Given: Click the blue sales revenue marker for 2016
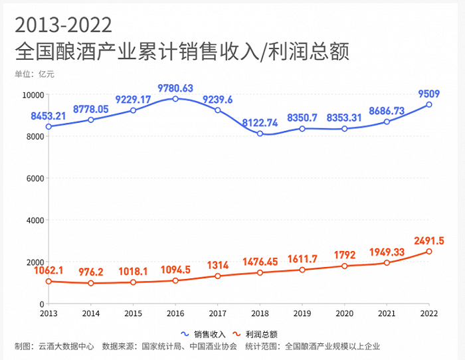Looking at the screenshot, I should pos(175,99).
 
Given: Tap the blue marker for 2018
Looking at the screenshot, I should pos(260,134).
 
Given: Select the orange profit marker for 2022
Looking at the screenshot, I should pos(429,251).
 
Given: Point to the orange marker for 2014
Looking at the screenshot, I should pos(91,283).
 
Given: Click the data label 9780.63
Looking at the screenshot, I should pos(175,88).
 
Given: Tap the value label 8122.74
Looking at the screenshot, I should pos(260,123).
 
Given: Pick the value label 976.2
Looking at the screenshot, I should pos(91,272).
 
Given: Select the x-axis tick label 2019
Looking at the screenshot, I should pos(302,313).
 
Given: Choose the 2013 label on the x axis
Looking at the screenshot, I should pos(48,313).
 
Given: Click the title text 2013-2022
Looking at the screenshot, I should pos(63,25).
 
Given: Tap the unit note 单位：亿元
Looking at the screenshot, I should pos(34,74).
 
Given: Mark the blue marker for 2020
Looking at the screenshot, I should pos(344,128).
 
